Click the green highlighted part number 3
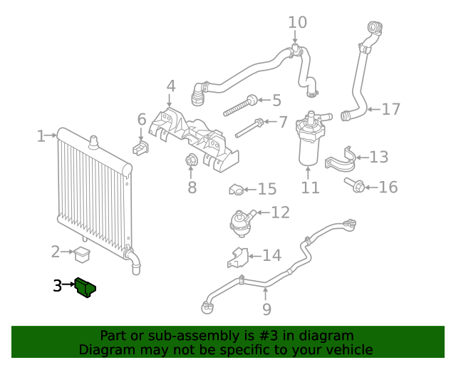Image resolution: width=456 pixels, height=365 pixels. tap(87, 287)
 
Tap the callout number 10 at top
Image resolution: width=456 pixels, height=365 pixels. tap(297, 22)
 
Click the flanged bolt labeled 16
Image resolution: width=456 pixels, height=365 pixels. tap(356, 187)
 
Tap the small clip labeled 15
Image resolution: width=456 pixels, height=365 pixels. tap(236, 190)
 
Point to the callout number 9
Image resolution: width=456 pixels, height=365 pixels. tap(266, 309)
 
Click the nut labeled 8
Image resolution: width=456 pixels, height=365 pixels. tap(191, 161)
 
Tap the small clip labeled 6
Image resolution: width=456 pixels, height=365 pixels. tap(140, 148)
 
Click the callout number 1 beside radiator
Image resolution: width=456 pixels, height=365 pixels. tap(41, 135)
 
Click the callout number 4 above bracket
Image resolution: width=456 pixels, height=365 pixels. tap(171, 87)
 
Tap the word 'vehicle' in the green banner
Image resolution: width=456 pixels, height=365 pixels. tap(348, 349)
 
